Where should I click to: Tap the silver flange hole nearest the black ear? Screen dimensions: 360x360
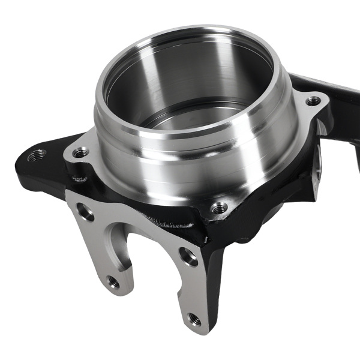[x=80, y=152]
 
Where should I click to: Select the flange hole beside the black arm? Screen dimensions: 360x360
[x=313, y=101]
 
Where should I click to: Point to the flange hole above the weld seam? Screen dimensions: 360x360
[x=220, y=208]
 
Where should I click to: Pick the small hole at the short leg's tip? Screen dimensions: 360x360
[x=112, y=280]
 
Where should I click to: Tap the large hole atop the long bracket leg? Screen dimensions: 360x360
[x=188, y=257]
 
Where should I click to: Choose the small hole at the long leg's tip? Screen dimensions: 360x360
[x=194, y=319]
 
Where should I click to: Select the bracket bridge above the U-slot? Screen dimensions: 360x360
[x=132, y=216]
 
